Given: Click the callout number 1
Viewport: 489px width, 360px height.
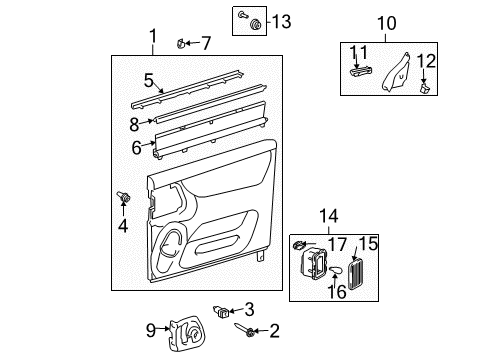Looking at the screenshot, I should pyautogui.click(x=153, y=37).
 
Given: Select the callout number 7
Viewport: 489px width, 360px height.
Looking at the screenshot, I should pyautogui.click(x=206, y=42).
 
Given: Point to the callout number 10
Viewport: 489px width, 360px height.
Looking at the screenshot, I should pyautogui.click(x=386, y=21).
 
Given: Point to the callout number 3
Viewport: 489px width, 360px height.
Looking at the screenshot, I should pyautogui.click(x=250, y=308).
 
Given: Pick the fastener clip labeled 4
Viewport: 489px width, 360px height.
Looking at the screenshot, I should pyautogui.click(x=126, y=200).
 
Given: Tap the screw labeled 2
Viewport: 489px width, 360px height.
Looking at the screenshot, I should pyautogui.click(x=242, y=328).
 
